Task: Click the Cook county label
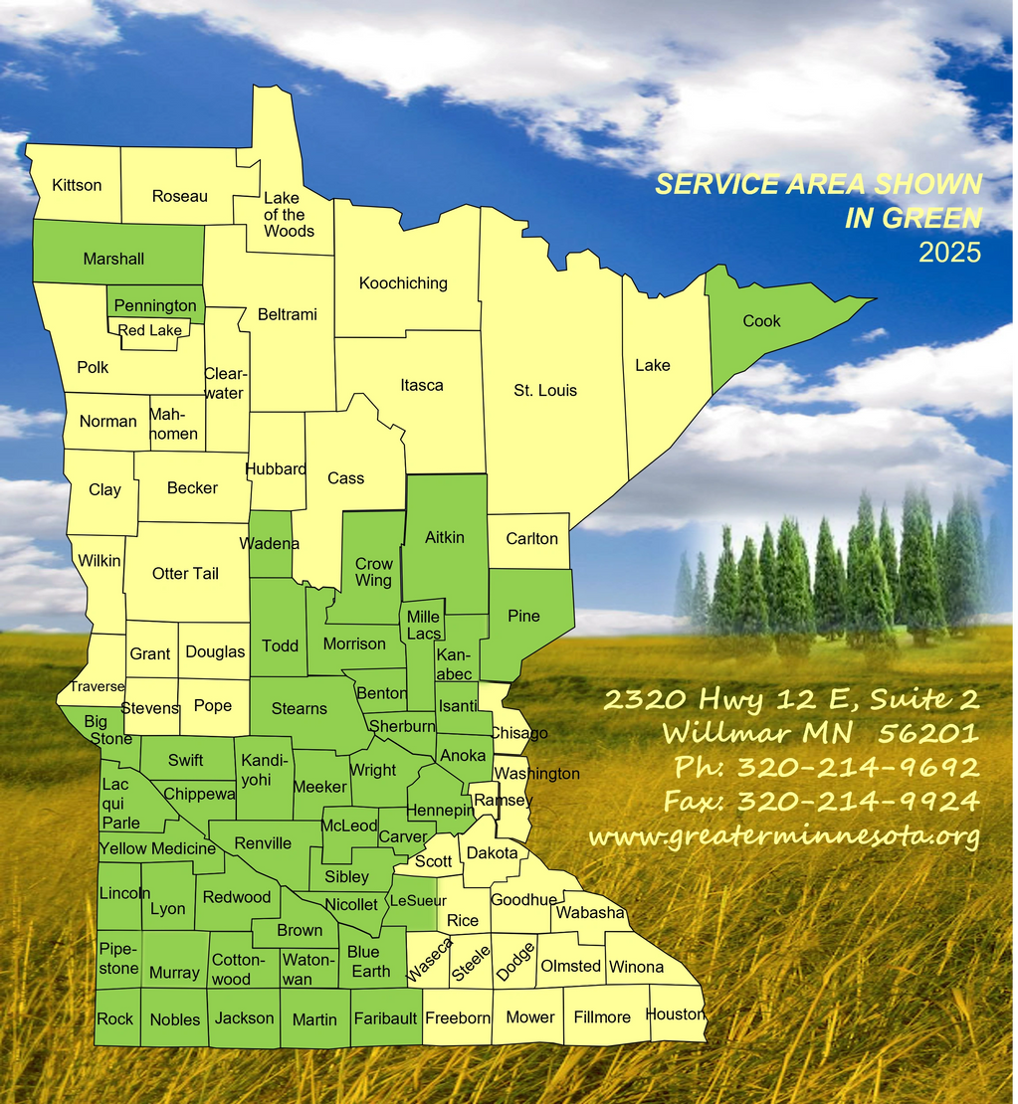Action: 761,321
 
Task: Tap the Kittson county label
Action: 77,185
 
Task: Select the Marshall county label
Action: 113,259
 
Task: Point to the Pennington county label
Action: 155,305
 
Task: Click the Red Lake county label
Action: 149,330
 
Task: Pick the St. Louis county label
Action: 545,390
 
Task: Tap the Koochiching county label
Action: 403,283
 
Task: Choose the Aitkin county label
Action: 445,537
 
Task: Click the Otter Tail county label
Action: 185,573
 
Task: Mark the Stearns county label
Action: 299,708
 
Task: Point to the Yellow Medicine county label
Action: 157,848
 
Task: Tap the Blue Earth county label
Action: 369,962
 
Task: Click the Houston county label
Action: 676,1014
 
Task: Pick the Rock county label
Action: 115,1018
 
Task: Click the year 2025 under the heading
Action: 949,253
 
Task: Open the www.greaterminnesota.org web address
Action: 784,836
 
